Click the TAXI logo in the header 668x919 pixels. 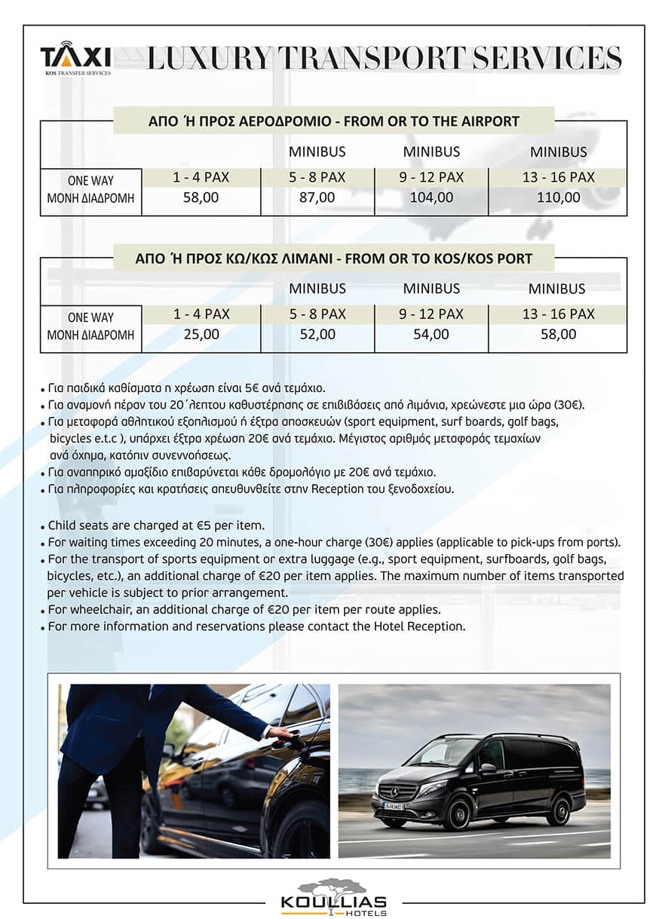click(x=75, y=57)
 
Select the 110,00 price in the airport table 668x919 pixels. click(x=558, y=198)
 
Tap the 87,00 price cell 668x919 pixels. click(x=317, y=198)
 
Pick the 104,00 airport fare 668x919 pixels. click(x=431, y=198)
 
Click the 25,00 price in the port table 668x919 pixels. click(x=201, y=334)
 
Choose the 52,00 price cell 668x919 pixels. click(x=317, y=334)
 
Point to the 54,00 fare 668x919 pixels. click(x=431, y=334)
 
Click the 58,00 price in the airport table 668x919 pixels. click(x=201, y=198)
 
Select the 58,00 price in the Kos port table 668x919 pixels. click(x=558, y=334)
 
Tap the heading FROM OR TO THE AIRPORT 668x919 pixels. click(x=334, y=121)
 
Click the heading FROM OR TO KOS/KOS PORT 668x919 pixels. click(x=334, y=258)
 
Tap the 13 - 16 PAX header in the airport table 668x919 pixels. click(x=558, y=177)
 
